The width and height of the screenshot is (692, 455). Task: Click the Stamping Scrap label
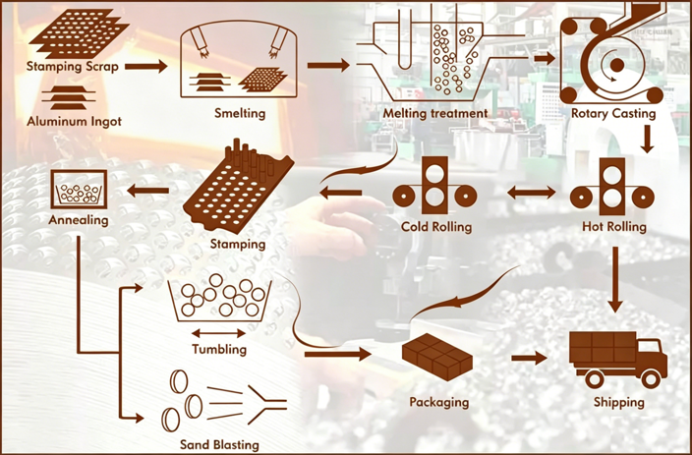[73, 67]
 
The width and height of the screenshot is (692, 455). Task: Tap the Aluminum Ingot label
[74, 121]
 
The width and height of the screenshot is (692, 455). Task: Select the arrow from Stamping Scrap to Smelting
[146, 67]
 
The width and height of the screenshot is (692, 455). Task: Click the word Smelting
[240, 113]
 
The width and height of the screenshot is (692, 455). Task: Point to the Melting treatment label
[435, 113]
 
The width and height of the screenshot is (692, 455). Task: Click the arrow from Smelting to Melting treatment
[328, 65]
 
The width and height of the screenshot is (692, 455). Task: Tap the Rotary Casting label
[613, 113]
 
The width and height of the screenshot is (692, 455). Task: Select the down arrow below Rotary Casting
[648, 139]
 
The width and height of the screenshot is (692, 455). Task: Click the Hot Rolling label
[614, 226]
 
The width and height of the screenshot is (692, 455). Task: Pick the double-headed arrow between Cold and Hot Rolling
[532, 192]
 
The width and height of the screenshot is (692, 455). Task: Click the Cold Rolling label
[436, 226]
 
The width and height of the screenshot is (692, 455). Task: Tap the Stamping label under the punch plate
[238, 244]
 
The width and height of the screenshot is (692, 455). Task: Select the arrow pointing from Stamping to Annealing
[147, 191]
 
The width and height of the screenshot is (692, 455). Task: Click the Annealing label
[79, 219]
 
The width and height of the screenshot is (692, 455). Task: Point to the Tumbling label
[219, 349]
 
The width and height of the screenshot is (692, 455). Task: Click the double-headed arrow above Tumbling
[219, 333]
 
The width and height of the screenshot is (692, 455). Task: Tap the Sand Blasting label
[219, 444]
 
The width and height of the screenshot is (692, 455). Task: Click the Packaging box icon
[436, 356]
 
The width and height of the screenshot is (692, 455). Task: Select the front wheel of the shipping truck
[650, 379]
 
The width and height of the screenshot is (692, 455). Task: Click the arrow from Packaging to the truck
[530, 358]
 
